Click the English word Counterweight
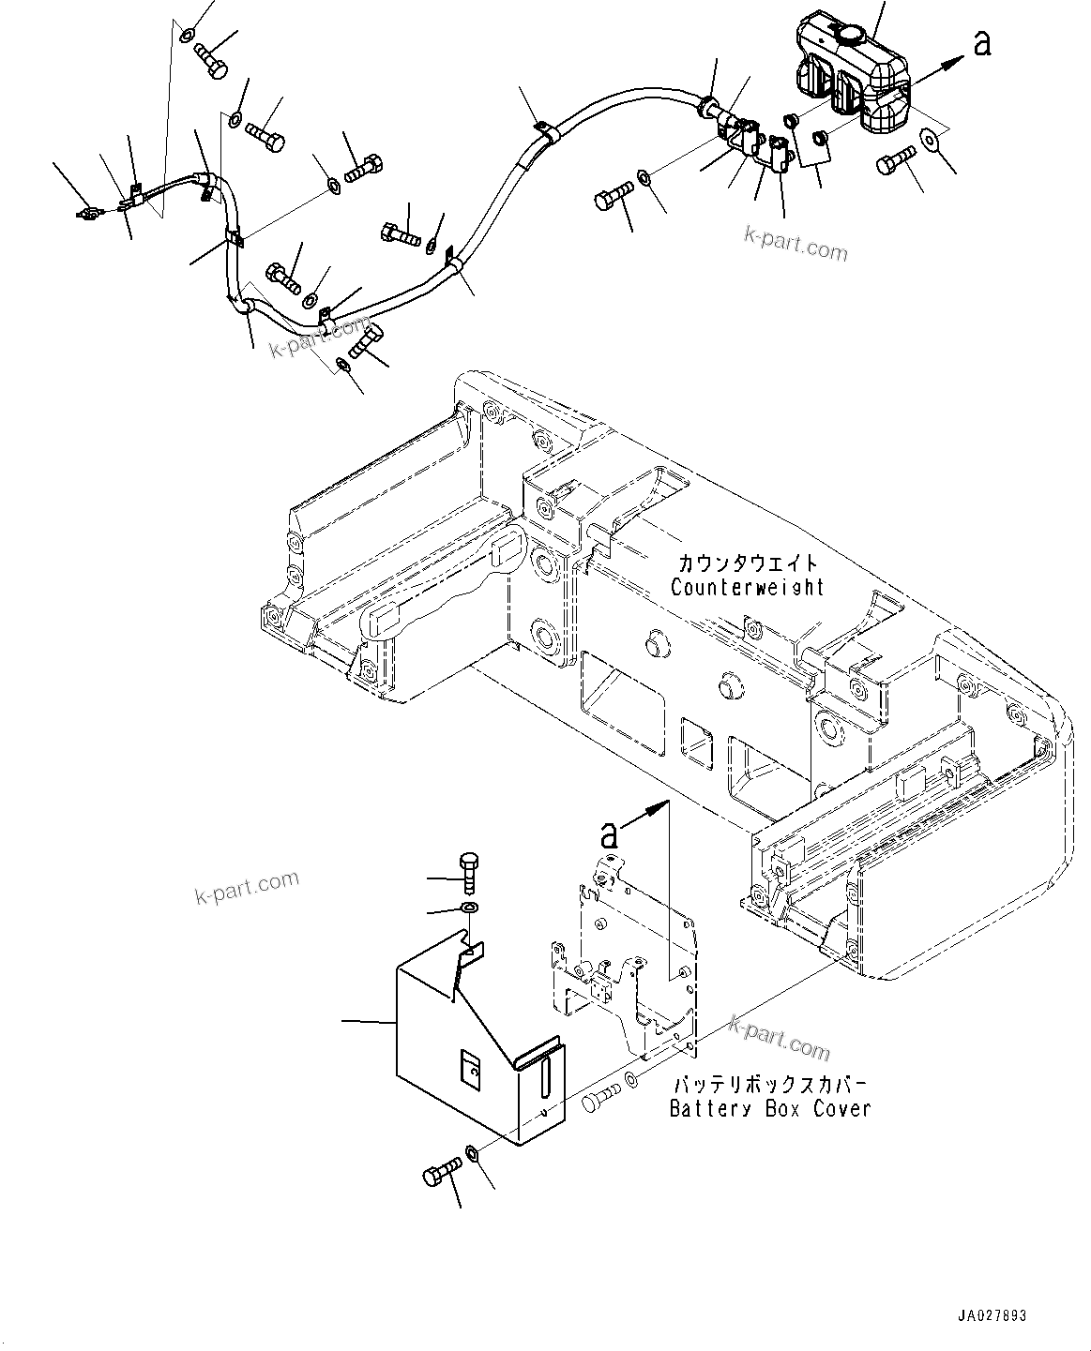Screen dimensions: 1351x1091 point(747,588)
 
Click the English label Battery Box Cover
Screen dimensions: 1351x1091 point(769,1108)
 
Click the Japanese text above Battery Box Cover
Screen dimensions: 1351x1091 point(769,1085)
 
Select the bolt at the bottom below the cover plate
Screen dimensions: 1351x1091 point(440,1171)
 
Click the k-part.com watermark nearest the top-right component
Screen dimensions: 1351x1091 point(796,246)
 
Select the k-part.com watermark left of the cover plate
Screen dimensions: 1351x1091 point(247,887)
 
